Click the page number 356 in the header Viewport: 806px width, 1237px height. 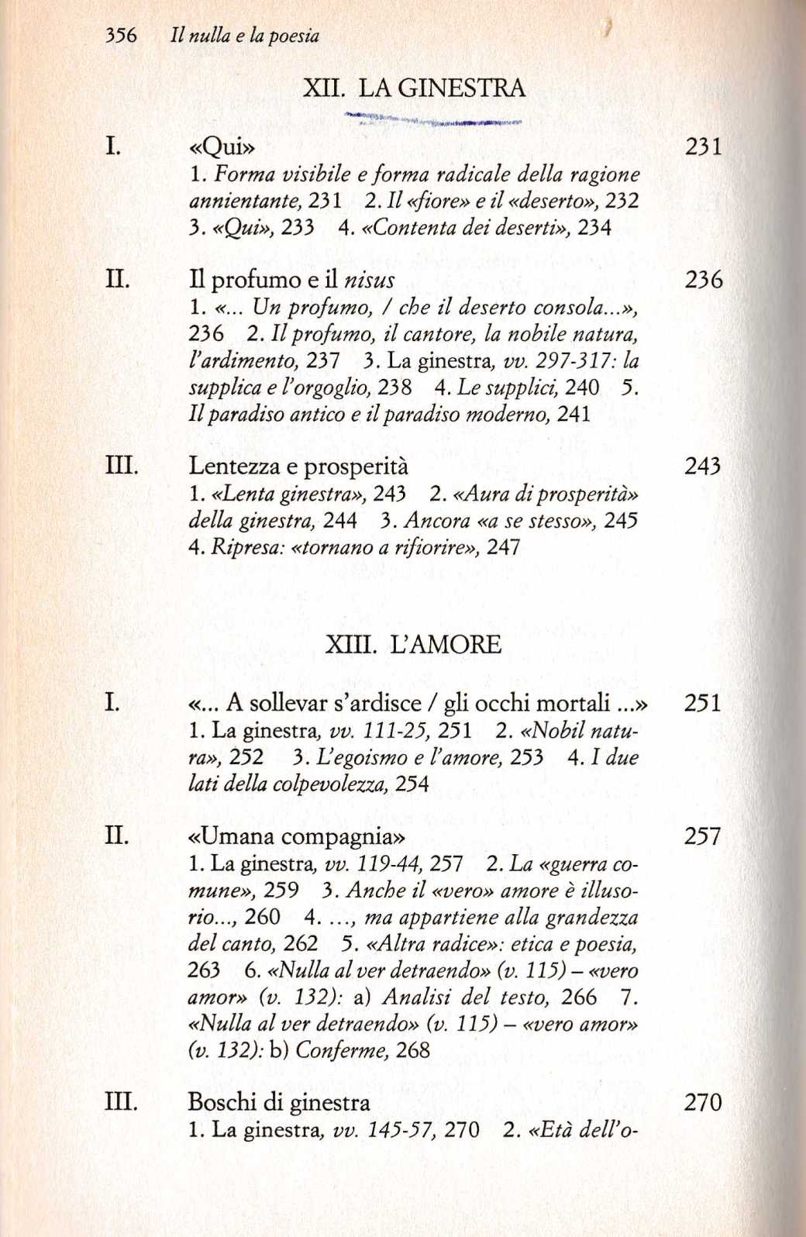[x=121, y=36]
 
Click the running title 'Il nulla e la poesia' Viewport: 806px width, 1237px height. [x=244, y=36]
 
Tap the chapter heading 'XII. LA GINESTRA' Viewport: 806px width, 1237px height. [x=414, y=88]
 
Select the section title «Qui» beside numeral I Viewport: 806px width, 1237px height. [x=222, y=146]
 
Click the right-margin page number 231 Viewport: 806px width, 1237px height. [x=704, y=146]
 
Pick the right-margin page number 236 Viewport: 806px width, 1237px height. [x=704, y=280]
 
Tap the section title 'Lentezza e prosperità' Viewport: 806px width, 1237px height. [x=298, y=467]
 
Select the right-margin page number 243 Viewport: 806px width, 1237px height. [x=703, y=467]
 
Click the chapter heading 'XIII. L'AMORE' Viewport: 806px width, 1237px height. [x=413, y=645]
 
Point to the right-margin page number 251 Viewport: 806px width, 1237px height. [x=702, y=703]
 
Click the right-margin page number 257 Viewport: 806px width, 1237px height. [x=702, y=836]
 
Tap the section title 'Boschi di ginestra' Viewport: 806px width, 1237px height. [x=279, y=1102]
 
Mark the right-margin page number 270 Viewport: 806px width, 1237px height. [x=702, y=1102]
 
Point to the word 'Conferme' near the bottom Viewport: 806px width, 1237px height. [x=341, y=1050]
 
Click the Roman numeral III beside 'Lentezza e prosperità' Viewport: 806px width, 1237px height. [x=122, y=467]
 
